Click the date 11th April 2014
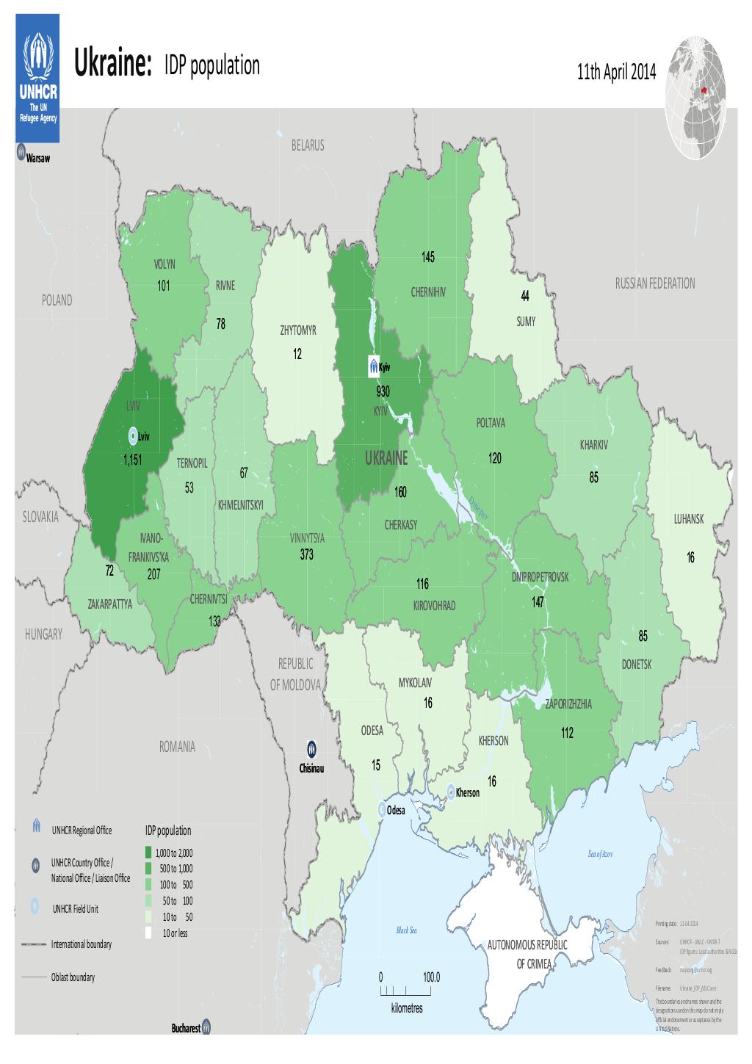click(x=618, y=73)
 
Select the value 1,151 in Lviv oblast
click(x=132, y=460)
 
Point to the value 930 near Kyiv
click(x=383, y=392)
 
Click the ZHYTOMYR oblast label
click(x=297, y=330)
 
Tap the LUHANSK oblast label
click(x=688, y=519)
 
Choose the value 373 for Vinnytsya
click(x=306, y=555)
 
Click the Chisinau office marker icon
click(x=312, y=748)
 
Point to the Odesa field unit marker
click(x=380, y=809)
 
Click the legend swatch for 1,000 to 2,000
click(x=148, y=853)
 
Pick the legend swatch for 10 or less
click(x=148, y=933)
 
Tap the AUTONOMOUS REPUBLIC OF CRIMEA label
click(x=529, y=953)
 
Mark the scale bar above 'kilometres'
click(x=401, y=991)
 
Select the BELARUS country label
click(x=306, y=146)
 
